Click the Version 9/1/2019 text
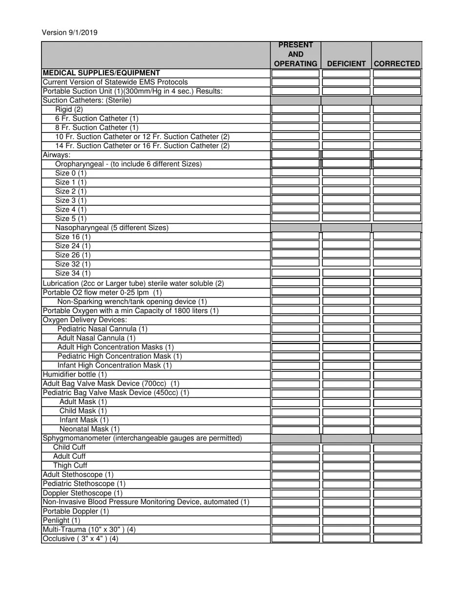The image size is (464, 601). [69, 33]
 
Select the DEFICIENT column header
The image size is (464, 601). [346, 64]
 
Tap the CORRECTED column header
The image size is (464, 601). [397, 64]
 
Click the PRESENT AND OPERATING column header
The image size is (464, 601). [295, 54]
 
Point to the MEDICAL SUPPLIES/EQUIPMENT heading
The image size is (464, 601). [102, 73]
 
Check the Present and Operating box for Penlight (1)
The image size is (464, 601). [295, 520]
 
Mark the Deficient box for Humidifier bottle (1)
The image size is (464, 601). [346, 375]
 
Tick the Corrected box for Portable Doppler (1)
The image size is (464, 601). [397, 512]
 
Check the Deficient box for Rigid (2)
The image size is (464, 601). [346, 109]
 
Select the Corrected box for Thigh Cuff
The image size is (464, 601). [397, 466]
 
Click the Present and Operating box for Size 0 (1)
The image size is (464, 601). [295, 173]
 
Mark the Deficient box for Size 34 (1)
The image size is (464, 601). [346, 273]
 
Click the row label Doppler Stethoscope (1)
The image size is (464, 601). [83, 493]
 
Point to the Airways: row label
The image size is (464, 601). [57, 155]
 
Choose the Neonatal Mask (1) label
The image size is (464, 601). [89, 429]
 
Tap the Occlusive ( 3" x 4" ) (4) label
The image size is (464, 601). [81, 538]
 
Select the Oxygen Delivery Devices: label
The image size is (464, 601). [85, 320]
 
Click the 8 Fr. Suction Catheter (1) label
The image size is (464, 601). [97, 128]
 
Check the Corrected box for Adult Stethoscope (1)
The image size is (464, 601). [397, 475]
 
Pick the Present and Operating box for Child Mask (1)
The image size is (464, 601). [295, 411]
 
